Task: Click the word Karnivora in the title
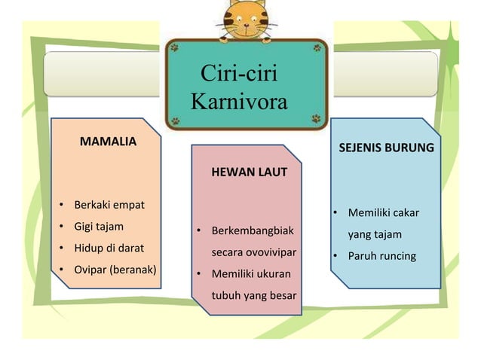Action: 240,101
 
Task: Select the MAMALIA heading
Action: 108,141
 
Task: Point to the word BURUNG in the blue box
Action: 409,148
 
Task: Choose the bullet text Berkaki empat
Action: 109,205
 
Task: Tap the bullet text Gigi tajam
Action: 99,226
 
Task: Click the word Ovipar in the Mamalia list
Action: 90,269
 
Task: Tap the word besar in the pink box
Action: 279,294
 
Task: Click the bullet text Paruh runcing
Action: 381,256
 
